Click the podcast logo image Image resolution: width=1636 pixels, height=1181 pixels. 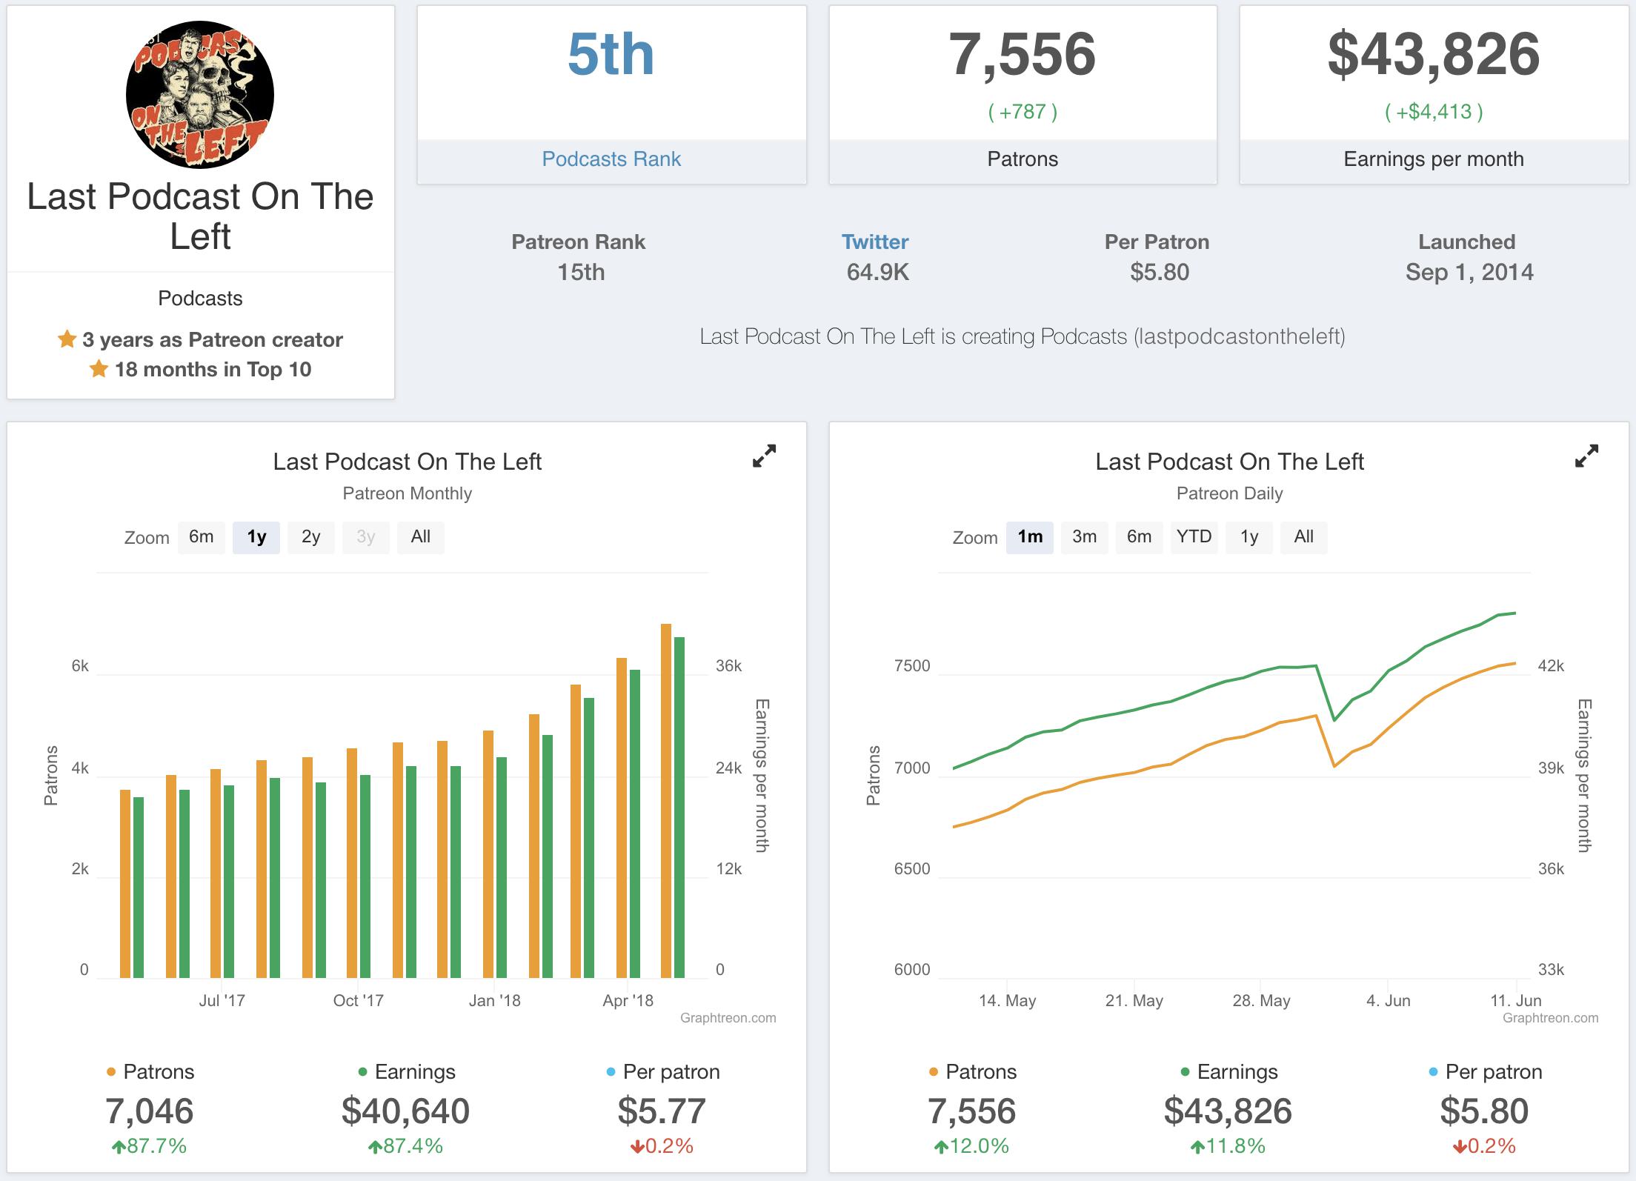coord(200,95)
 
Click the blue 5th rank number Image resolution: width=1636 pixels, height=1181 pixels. coord(611,55)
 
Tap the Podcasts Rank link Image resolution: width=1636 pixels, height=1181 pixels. coord(611,159)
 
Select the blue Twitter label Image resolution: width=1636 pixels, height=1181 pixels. coord(875,242)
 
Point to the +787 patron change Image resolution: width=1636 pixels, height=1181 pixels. coord(1022,112)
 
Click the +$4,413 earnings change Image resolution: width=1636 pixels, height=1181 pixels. coord(1434,112)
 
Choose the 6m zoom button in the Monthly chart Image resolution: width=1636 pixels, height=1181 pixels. coord(201,537)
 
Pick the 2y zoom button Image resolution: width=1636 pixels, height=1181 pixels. coord(310,537)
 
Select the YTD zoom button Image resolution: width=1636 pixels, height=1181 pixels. coord(1194,537)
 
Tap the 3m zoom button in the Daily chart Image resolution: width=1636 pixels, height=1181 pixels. coord(1084,537)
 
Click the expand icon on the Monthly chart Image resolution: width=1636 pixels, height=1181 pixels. coord(764,456)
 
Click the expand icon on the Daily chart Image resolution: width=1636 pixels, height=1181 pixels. coord(1586,456)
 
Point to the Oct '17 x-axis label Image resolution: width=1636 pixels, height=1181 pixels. coord(358,1001)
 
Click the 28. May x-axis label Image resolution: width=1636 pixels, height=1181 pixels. coord(1261,1001)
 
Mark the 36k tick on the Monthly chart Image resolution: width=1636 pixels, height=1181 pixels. coord(728,666)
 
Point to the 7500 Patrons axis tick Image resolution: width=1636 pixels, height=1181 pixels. coord(912,666)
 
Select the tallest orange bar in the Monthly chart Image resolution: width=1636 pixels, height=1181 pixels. coord(666,800)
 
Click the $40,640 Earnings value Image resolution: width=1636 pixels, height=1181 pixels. coord(405,1111)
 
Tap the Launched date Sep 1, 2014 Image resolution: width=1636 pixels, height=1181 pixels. coord(1469,273)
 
